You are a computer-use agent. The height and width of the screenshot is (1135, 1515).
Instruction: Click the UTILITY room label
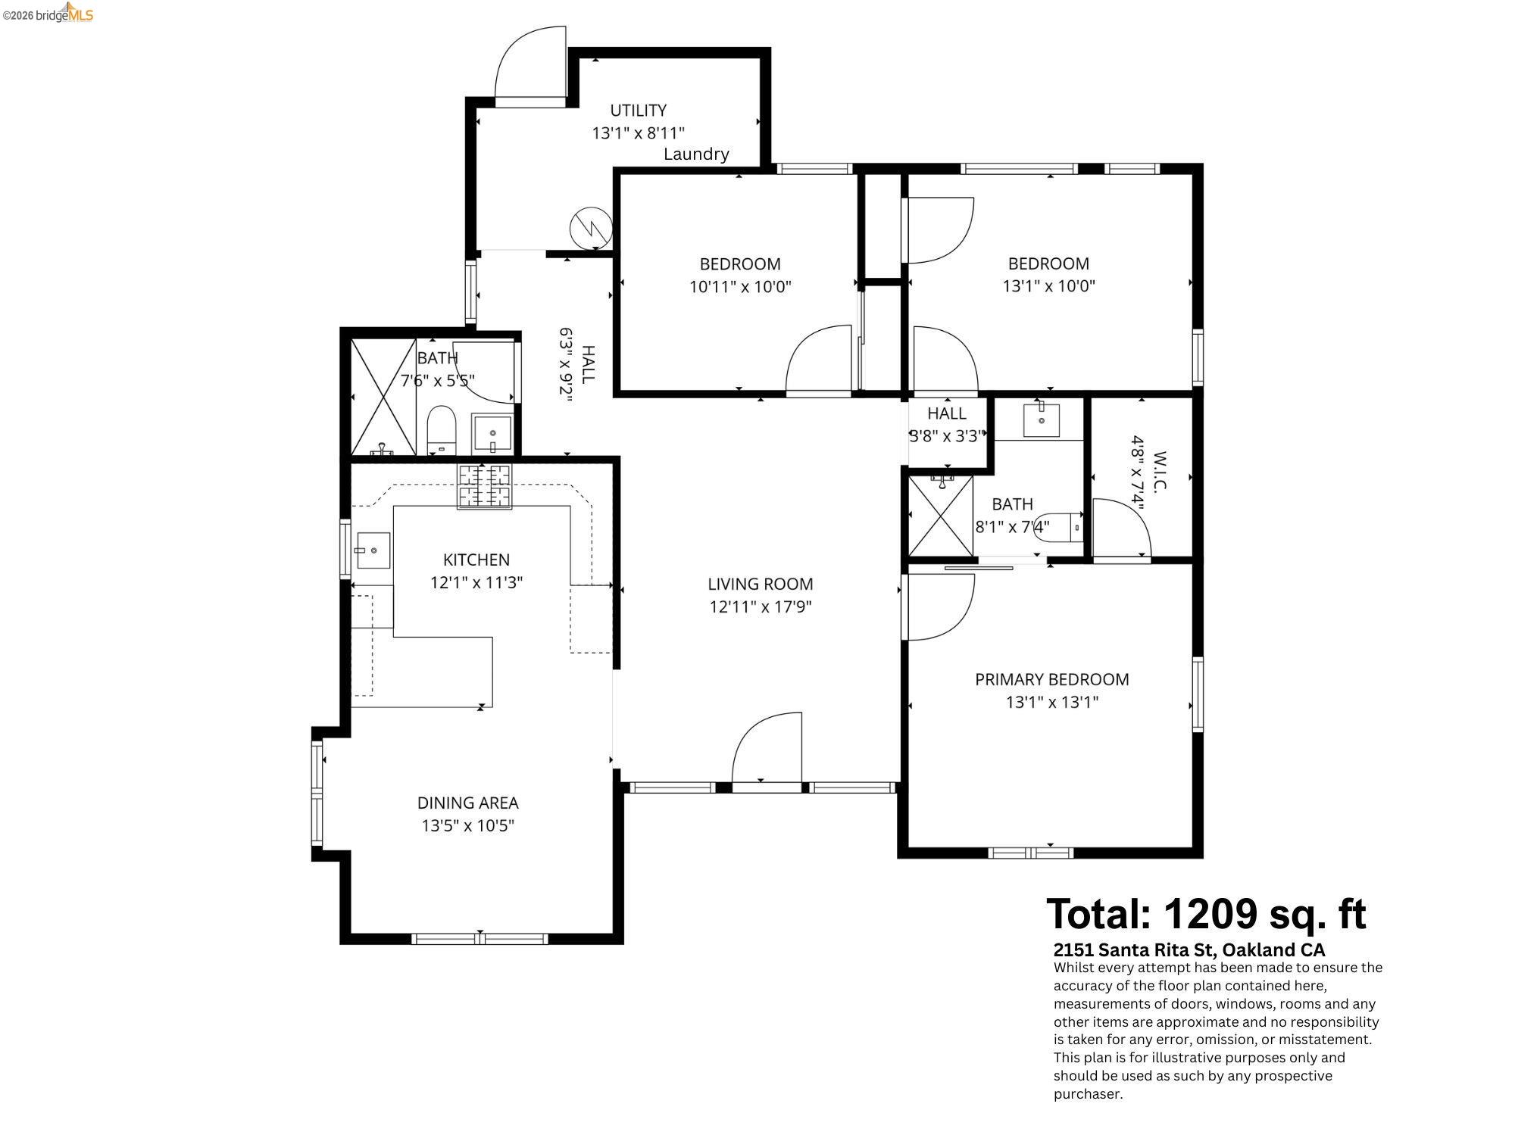[638, 111]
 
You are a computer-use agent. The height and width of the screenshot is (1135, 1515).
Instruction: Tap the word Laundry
[695, 154]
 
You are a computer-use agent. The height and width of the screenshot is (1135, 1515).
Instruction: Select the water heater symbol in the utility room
[590, 227]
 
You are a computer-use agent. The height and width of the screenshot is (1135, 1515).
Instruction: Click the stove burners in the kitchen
[484, 486]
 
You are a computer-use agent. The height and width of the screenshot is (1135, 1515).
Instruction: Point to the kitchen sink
[373, 550]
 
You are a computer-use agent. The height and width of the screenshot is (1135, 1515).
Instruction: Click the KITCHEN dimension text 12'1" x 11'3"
[476, 583]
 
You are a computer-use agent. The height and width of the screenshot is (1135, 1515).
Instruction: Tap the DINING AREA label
[467, 803]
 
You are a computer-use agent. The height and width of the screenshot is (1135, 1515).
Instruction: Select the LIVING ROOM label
[760, 584]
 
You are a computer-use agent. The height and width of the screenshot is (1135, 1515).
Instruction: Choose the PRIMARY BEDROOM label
[1051, 679]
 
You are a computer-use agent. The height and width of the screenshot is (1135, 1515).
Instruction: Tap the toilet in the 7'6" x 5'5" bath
[441, 429]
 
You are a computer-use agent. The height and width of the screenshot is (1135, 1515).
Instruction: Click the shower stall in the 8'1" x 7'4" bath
[940, 516]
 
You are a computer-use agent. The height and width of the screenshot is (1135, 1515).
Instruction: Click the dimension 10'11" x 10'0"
[739, 287]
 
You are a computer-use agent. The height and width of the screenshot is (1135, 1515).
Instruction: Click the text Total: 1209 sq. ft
[1206, 914]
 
